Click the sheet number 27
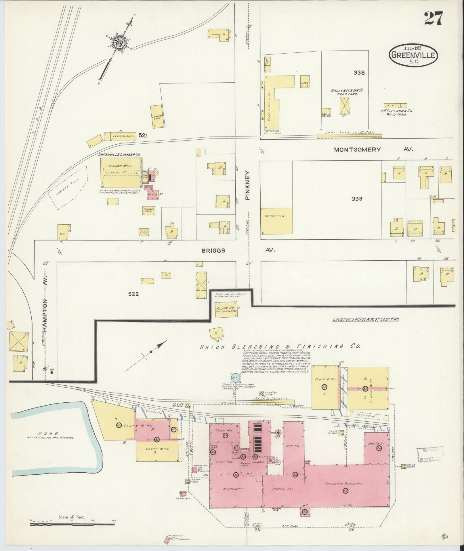pyautogui.click(x=433, y=18)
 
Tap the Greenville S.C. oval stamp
pyautogui.click(x=413, y=56)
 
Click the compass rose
pyautogui.click(x=119, y=43)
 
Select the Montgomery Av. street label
pyautogui.click(x=373, y=149)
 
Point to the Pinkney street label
pyautogui.click(x=248, y=185)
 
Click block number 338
pyautogui.click(x=359, y=73)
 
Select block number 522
pyautogui.click(x=133, y=294)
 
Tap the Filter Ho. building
pyautogui.click(x=226, y=310)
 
